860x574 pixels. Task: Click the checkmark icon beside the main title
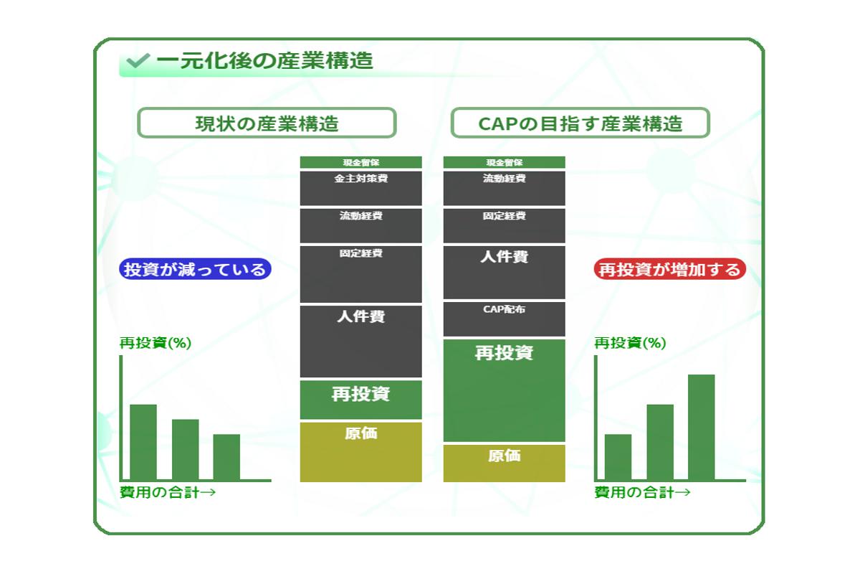click(x=138, y=60)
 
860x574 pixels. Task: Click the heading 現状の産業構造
click(x=267, y=123)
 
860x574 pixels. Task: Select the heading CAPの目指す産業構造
click(x=580, y=123)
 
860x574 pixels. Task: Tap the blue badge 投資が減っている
click(x=195, y=269)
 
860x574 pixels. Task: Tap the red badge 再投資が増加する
click(x=669, y=269)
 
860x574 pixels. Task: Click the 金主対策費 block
click(x=361, y=188)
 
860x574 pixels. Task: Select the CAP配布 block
click(x=504, y=319)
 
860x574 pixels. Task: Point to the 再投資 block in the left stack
click(x=361, y=400)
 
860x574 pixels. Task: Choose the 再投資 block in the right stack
click(x=504, y=390)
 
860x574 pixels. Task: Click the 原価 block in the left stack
click(x=361, y=452)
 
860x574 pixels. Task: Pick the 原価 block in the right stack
click(x=504, y=464)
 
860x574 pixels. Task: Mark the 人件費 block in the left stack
click(x=361, y=342)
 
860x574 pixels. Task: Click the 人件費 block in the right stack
click(x=504, y=272)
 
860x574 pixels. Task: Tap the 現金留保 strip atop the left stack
click(x=361, y=162)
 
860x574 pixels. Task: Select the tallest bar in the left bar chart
click(x=143, y=442)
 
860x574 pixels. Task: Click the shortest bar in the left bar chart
click(x=226, y=457)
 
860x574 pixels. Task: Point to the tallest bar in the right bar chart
click(x=701, y=427)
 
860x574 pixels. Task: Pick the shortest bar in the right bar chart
click(x=618, y=457)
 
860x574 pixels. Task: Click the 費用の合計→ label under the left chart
click(x=168, y=492)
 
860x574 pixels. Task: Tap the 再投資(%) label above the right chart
click(x=630, y=342)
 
